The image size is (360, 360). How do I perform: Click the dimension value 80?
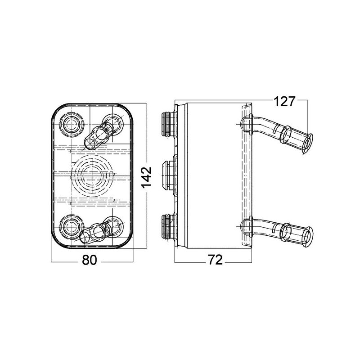(x=90, y=261)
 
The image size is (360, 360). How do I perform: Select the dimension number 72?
(x=215, y=261)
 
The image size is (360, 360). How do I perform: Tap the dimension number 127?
(x=284, y=102)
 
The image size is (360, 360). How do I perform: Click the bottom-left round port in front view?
(x=72, y=225)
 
